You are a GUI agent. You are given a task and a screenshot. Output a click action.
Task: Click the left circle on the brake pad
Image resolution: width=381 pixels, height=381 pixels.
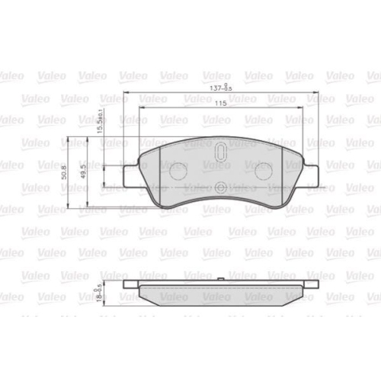[178, 171]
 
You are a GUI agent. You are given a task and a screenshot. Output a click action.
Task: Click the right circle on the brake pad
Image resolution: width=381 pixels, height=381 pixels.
[263, 171]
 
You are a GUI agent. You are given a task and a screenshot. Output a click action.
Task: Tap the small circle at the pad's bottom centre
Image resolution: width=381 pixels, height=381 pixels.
[220, 189]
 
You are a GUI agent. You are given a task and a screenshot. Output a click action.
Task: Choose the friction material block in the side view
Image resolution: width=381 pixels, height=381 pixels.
[220, 293]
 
